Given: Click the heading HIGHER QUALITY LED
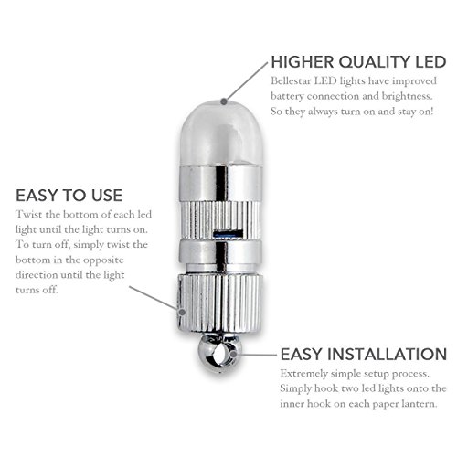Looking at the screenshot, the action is pyautogui.click(x=358, y=62).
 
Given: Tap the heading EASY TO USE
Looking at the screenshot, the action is pyautogui.click(x=69, y=196).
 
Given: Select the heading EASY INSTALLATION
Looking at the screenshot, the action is pyautogui.click(x=364, y=354).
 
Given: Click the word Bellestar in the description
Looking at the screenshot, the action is pyautogui.click(x=291, y=81).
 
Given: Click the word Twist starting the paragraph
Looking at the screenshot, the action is pyautogui.click(x=29, y=214).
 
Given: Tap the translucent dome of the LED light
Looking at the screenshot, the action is pyautogui.click(x=221, y=133).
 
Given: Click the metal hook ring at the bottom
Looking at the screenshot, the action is pyautogui.click(x=220, y=353).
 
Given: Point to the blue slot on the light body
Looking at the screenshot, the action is pyautogui.click(x=226, y=235).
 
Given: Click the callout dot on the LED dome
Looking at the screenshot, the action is pyautogui.click(x=224, y=101).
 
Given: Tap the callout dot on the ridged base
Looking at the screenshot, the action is pyautogui.click(x=182, y=312).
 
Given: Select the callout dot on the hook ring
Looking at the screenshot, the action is pyautogui.click(x=233, y=355).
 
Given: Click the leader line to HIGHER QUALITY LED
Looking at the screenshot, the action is pyautogui.click(x=247, y=81).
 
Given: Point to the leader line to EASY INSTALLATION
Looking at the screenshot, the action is pyautogui.click(x=255, y=355).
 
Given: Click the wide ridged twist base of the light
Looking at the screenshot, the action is pyautogui.click(x=219, y=303).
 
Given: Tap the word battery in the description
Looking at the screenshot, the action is pyautogui.click(x=287, y=97).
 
